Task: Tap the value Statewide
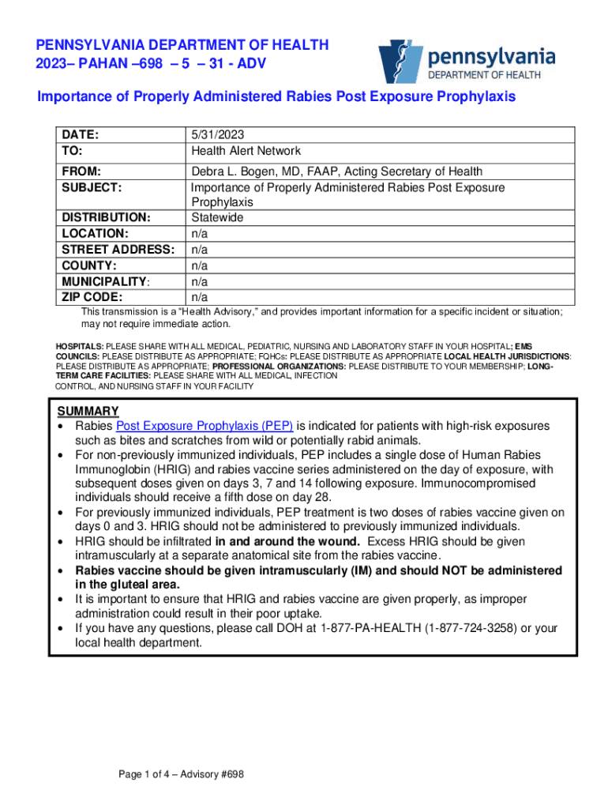217,217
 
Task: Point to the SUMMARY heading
88,411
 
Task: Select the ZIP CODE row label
92,297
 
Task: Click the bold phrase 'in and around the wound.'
287,541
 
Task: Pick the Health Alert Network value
246,151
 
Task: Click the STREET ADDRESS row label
118,250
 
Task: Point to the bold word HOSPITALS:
79,347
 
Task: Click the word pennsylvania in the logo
491,57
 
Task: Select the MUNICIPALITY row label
105,281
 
